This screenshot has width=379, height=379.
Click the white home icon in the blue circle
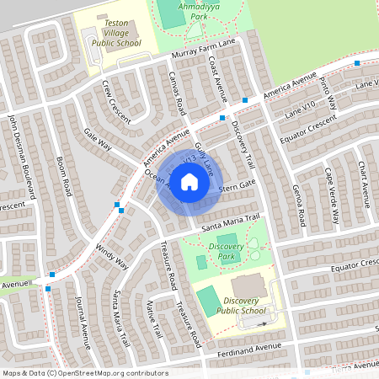click(x=189, y=182)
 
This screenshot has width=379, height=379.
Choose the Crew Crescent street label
click(x=117, y=102)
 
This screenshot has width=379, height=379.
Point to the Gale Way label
click(x=98, y=139)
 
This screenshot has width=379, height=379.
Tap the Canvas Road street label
click(x=178, y=93)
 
